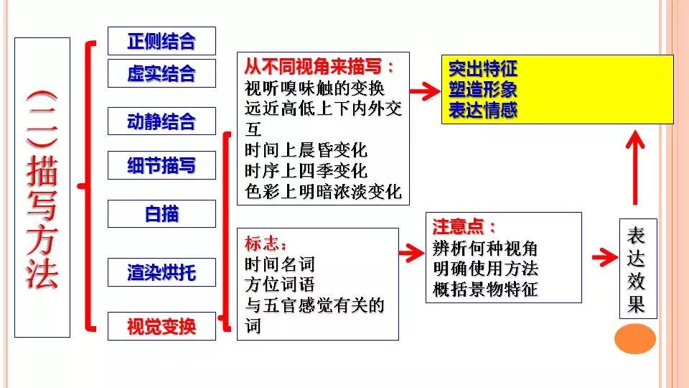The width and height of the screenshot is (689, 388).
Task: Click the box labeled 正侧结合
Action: [x=161, y=41]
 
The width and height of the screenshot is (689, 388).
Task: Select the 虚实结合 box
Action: [x=161, y=74]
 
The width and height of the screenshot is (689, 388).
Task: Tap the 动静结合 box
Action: [x=161, y=121]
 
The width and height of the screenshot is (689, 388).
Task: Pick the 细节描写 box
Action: [x=161, y=166]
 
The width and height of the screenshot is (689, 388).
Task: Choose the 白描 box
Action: [x=161, y=214]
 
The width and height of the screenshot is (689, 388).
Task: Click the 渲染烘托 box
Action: [x=161, y=272]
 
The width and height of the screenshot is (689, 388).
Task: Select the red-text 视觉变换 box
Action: [x=161, y=327]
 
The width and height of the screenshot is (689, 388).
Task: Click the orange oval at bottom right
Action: [x=635, y=338]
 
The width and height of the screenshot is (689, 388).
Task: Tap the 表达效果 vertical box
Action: [x=637, y=269]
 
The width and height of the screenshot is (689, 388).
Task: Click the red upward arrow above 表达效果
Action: [x=634, y=168]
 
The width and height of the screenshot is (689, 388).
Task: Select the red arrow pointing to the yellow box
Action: [x=424, y=91]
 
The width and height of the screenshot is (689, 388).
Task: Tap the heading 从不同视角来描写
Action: [x=319, y=68]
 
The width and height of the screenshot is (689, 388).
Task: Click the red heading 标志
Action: [x=266, y=243]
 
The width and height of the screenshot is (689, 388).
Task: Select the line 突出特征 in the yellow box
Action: [x=483, y=70]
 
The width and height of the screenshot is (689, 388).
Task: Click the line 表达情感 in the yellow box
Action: [x=483, y=110]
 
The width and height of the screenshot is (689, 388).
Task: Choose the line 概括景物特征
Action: [x=485, y=290]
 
